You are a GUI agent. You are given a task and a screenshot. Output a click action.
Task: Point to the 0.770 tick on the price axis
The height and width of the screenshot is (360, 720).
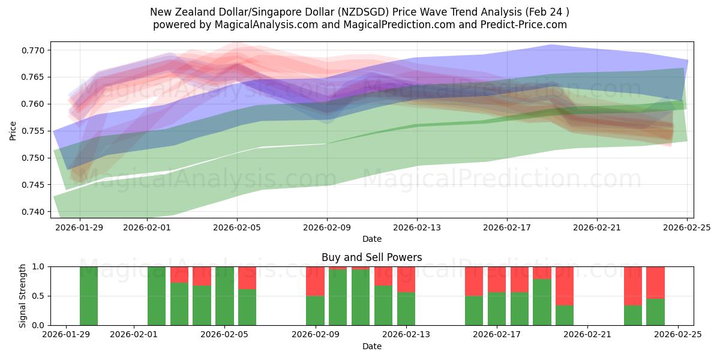(33, 50)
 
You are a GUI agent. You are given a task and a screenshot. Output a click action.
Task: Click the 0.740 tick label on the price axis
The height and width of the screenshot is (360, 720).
(33, 212)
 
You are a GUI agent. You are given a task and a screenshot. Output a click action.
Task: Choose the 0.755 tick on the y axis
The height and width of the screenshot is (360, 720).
(33, 131)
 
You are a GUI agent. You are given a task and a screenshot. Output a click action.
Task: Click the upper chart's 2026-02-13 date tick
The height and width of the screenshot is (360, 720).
(417, 227)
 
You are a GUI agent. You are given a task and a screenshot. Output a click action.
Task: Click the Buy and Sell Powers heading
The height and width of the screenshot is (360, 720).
(371, 257)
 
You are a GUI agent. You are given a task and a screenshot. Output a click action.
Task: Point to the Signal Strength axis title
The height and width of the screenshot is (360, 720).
(22, 296)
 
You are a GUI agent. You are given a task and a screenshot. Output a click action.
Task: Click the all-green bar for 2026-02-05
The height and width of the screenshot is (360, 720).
(224, 296)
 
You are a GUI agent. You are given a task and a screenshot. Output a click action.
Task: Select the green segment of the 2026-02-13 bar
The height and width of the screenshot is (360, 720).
(406, 309)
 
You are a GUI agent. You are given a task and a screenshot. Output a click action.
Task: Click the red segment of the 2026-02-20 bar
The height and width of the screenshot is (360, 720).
(564, 286)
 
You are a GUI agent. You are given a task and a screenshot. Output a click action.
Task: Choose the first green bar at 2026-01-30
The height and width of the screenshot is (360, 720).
(89, 296)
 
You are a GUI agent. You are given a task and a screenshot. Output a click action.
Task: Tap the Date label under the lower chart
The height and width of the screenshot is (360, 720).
(371, 346)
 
